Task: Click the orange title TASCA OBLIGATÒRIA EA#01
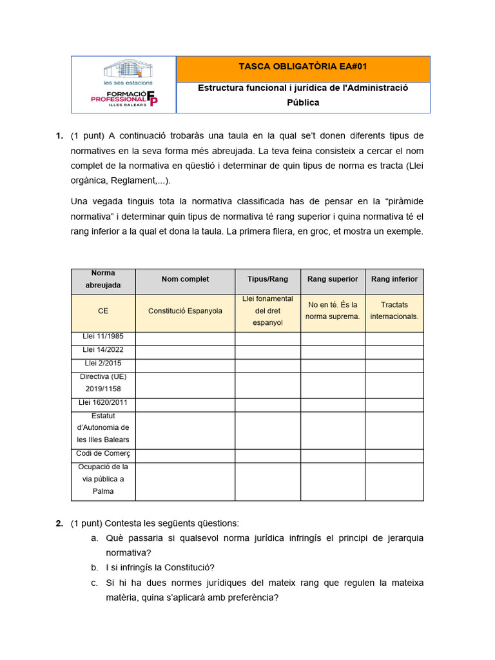[303, 66]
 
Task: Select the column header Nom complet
[185, 279]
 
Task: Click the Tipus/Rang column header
[267, 279]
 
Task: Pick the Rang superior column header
[333, 279]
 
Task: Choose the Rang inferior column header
[394, 279]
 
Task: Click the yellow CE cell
[103, 311]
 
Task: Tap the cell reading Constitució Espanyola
[185, 311]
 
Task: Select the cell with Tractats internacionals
[394, 311]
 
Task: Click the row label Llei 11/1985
[103, 336]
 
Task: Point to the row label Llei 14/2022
[103, 350]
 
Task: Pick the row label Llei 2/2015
[103, 364]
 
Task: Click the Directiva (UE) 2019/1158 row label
[103, 383]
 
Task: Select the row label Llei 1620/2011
[103, 403]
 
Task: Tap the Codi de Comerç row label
[103, 454]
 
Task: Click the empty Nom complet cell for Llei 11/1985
[185, 338]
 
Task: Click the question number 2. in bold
[59, 523]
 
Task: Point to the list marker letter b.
[94, 568]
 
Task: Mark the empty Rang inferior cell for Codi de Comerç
[394, 456]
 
